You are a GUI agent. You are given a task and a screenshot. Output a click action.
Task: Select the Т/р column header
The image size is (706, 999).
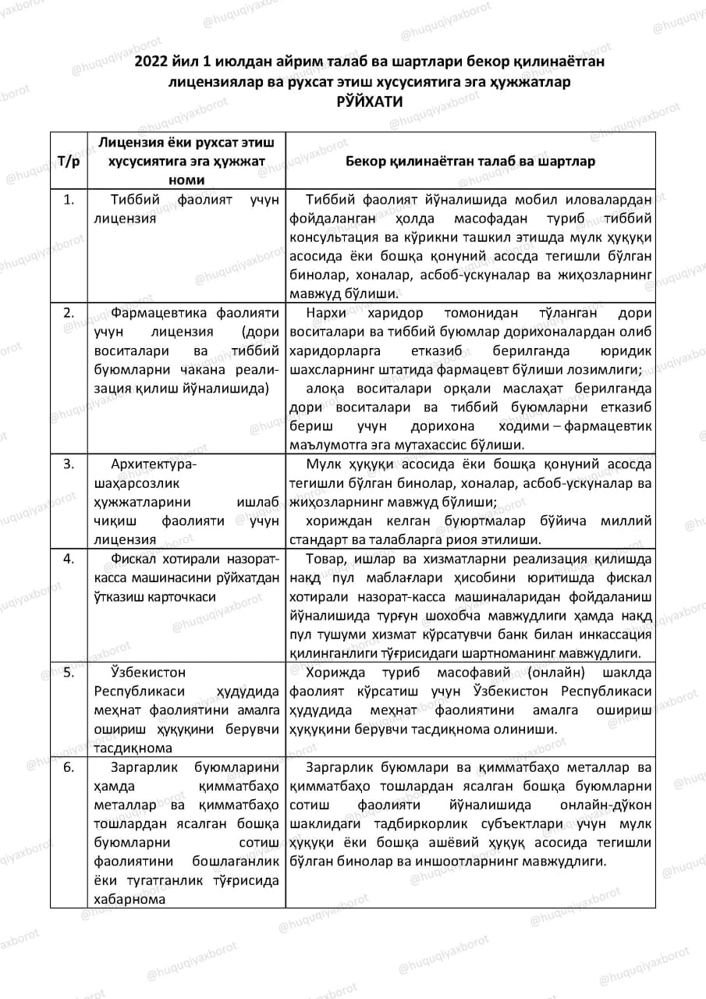tap(69, 161)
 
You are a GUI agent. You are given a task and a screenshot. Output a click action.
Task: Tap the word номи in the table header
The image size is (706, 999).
tap(186, 180)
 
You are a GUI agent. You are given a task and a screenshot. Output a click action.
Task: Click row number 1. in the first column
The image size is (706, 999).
tap(69, 200)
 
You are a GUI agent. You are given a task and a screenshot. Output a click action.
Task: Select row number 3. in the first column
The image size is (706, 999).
tap(69, 464)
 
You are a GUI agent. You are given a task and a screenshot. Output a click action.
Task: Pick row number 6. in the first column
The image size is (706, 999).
tap(69, 766)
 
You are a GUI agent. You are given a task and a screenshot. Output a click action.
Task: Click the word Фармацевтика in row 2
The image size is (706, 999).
tap(156, 313)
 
